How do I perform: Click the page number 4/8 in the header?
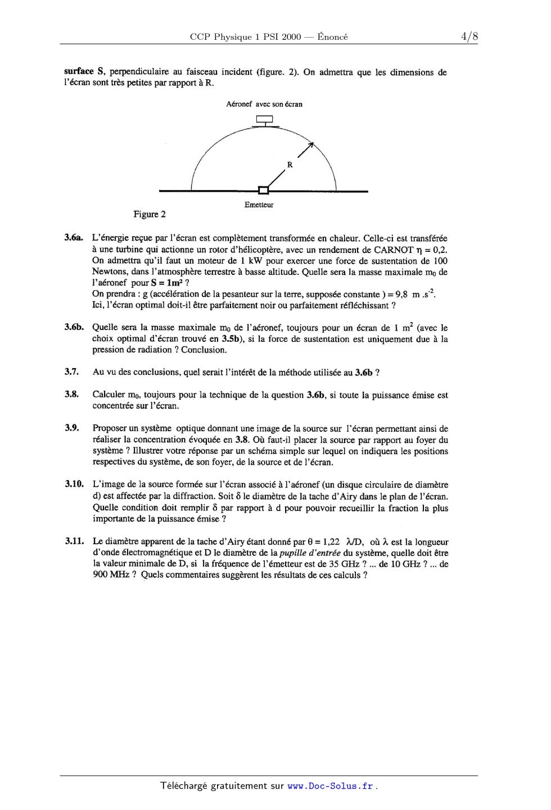tap(469, 37)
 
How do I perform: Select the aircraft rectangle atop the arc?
tap(264, 119)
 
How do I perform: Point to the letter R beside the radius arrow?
tap(290, 165)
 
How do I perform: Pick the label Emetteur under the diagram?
tap(259, 205)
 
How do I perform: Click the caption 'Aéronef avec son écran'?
tap(264, 104)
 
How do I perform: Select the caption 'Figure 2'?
tap(150, 214)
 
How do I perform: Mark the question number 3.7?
tap(71, 372)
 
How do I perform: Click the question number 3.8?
tap(71, 394)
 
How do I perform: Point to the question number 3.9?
tap(71, 428)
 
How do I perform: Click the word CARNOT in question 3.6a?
tap(394, 250)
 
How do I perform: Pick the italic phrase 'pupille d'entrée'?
tap(310, 553)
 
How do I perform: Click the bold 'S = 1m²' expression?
tap(166, 283)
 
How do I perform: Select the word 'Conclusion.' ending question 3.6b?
tap(204, 350)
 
